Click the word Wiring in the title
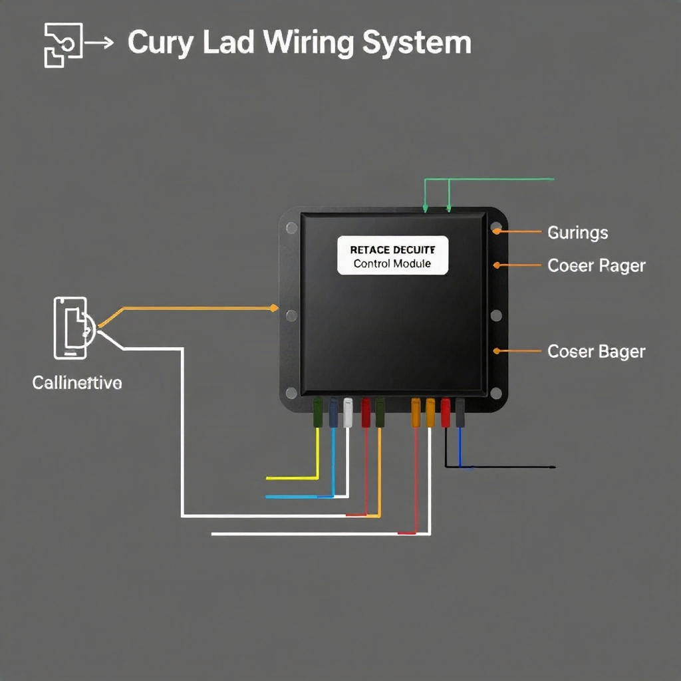pos(309,43)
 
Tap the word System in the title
pos(417,43)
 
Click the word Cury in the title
pos(161,43)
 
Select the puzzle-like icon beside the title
pos(63,45)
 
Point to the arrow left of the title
pos(99,43)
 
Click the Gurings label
pos(578,233)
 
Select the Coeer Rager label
pos(597,266)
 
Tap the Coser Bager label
pos(597,352)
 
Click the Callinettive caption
pos(77,382)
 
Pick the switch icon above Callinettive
pos(73,328)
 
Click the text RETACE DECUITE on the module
pos(392,250)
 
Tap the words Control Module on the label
pos(392,263)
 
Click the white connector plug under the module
pos(348,412)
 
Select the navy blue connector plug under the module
pos(333,412)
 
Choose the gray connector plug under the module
pos(460,412)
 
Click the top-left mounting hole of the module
pos(292,227)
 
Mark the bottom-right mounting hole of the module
pos(496,393)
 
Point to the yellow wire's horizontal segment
pos(292,478)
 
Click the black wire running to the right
pos(500,467)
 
